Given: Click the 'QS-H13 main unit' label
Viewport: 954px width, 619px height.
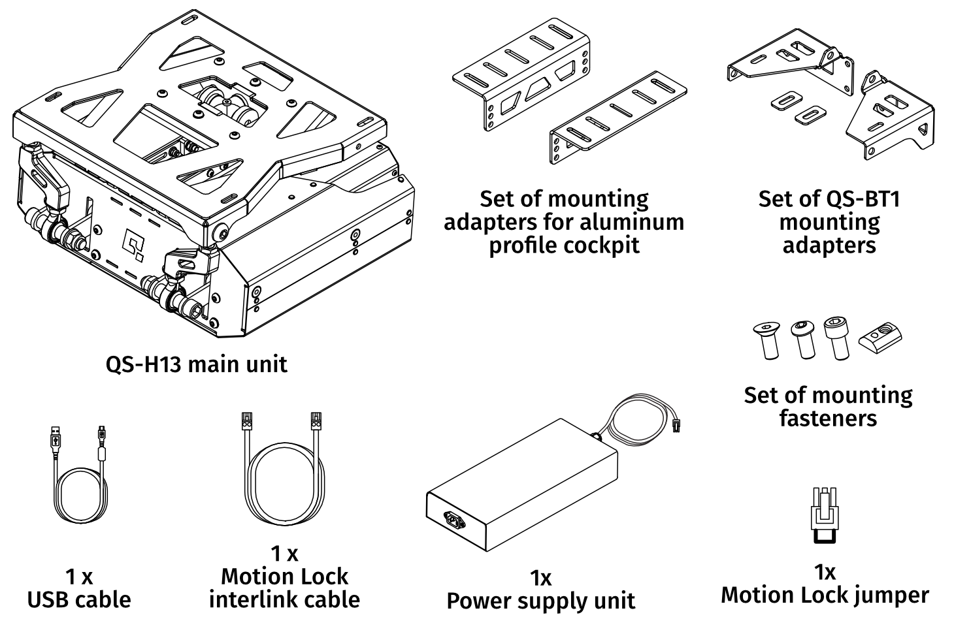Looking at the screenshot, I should coord(196,364).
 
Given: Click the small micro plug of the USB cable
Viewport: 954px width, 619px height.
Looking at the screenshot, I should coord(102,432).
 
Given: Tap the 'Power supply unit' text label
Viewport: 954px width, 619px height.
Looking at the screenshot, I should coord(540,601).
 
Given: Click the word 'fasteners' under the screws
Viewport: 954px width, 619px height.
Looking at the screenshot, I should coord(827,418).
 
